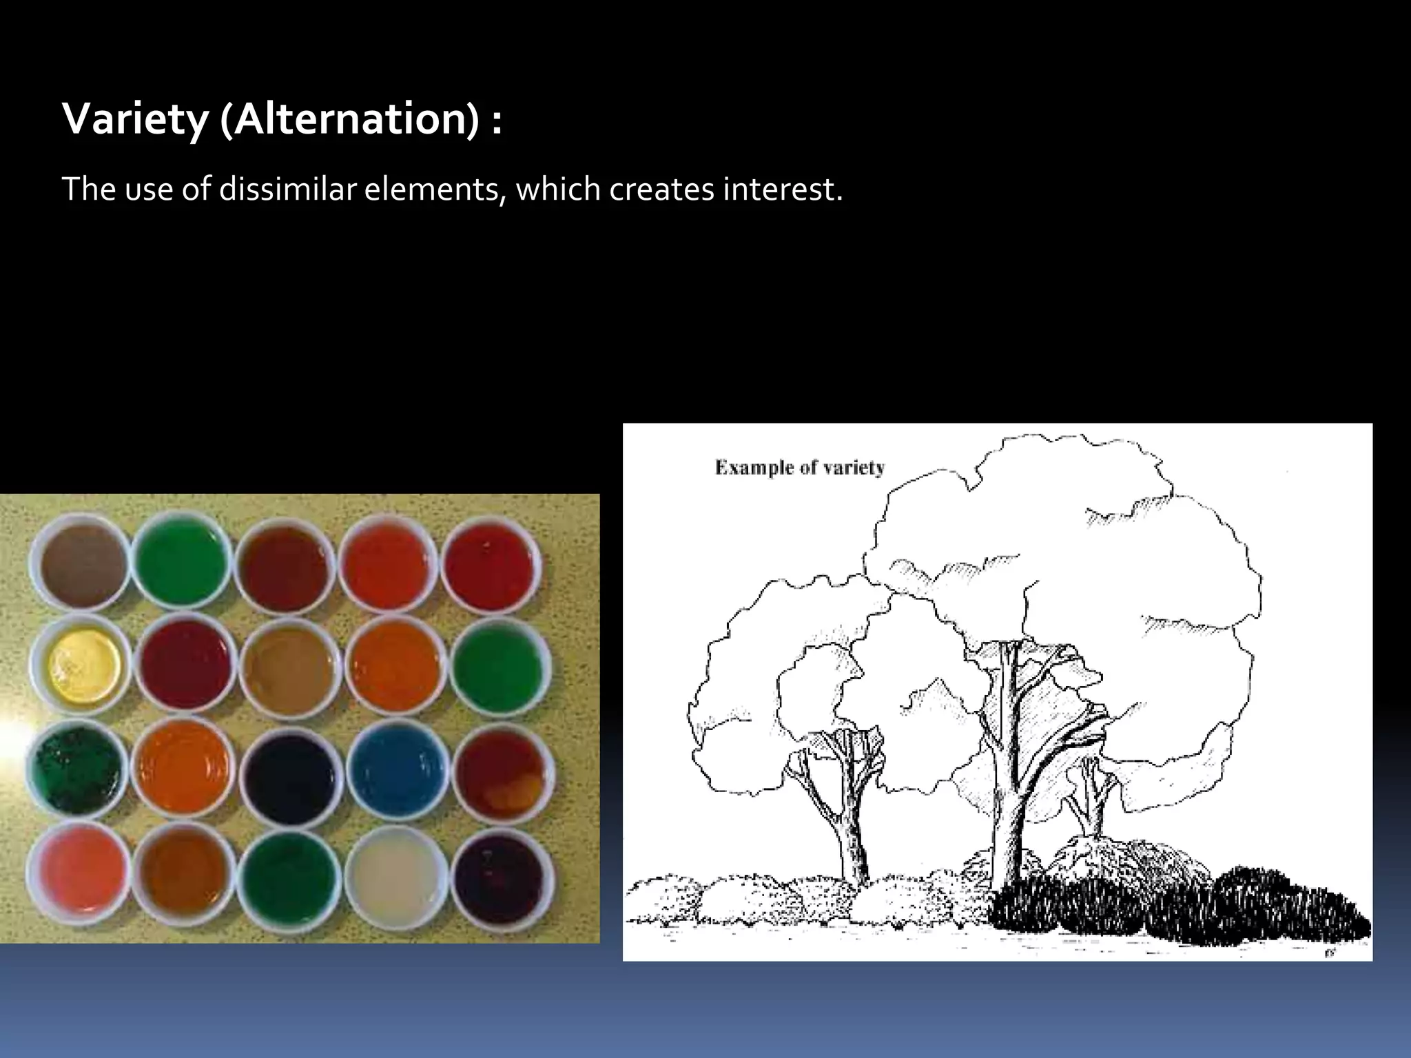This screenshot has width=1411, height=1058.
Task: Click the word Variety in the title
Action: click(x=134, y=120)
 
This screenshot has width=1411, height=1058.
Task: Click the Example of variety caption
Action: click(x=799, y=468)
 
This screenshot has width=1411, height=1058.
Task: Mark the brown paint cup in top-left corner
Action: click(x=81, y=563)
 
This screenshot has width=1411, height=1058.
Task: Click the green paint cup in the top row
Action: click(x=183, y=563)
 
